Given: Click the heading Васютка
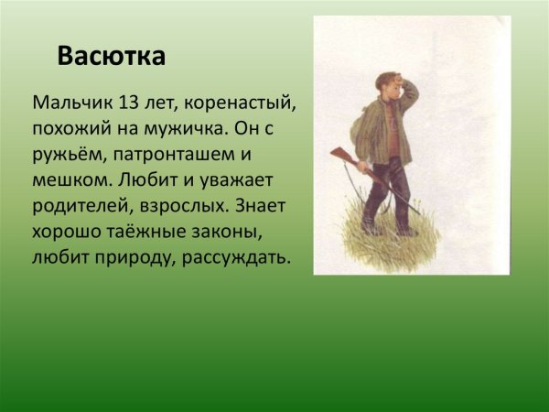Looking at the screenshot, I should pyautogui.click(x=111, y=57).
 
